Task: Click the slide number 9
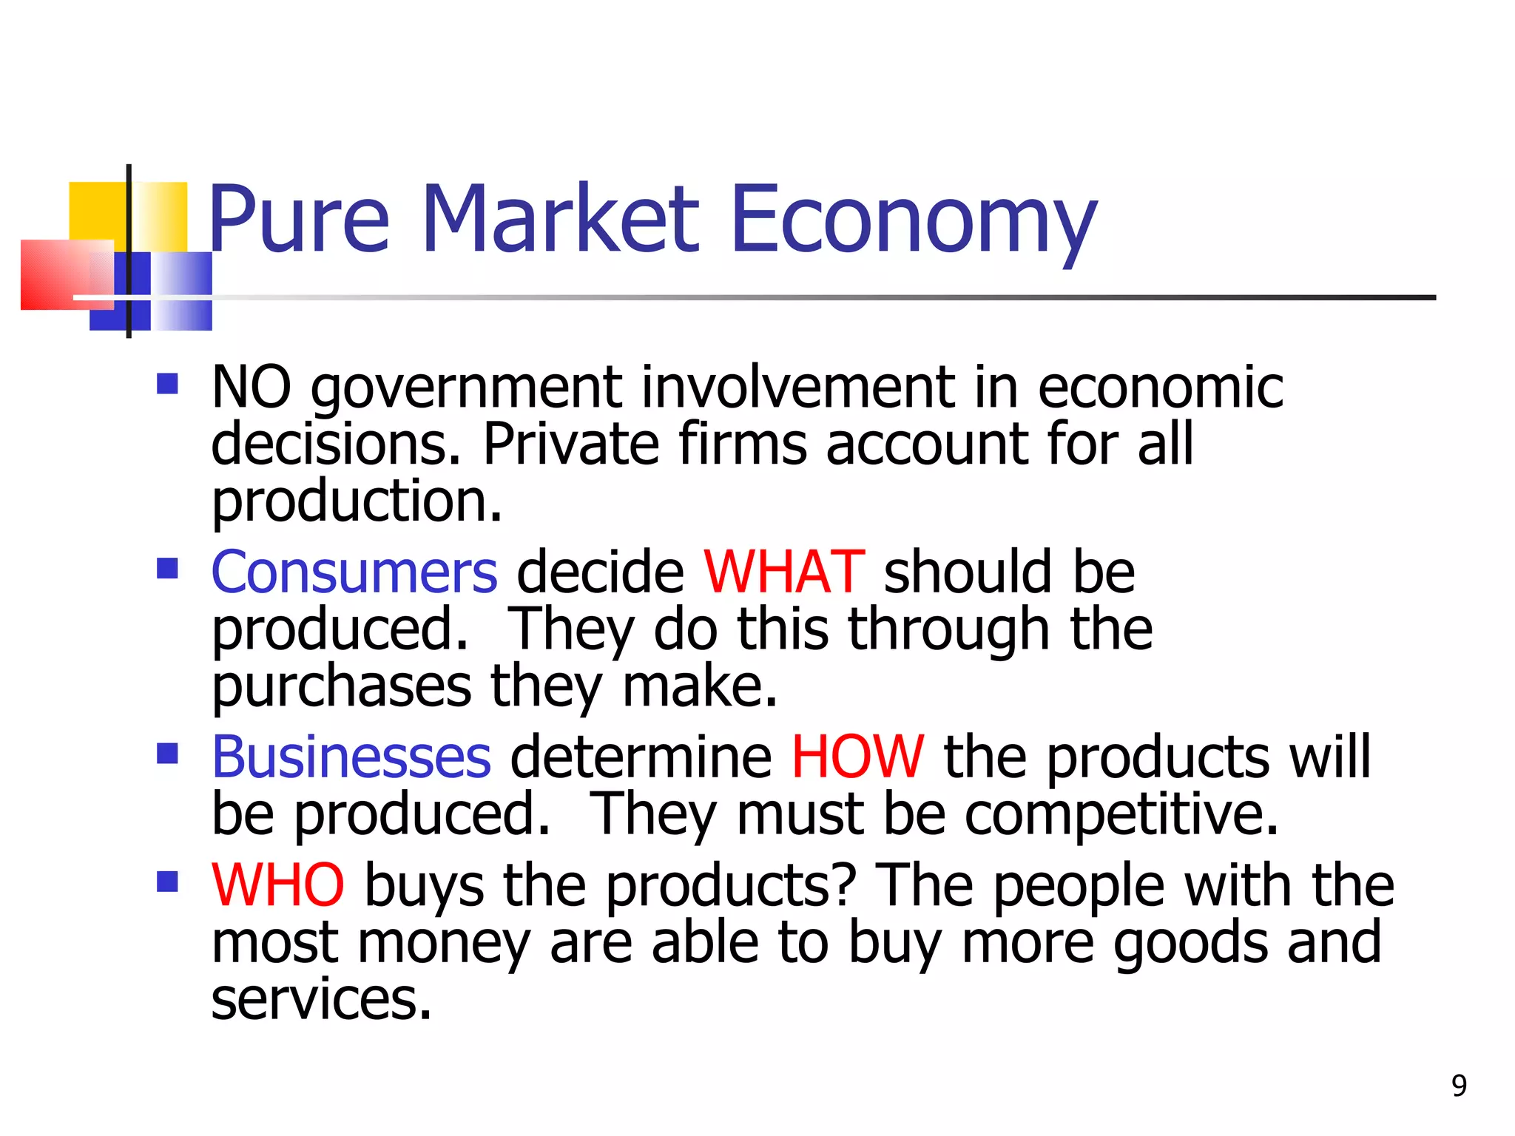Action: pos(1459,1086)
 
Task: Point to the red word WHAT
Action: pos(783,572)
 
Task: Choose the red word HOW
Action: pos(857,757)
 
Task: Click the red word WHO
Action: pos(278,885)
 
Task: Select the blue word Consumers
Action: pos(354,572)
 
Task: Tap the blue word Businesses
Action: pos(351,757)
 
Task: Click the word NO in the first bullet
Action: pos(252,387)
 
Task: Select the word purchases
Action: pos(341,687)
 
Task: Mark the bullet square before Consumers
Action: pos(168,568)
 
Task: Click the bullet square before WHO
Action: pos(168,881)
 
